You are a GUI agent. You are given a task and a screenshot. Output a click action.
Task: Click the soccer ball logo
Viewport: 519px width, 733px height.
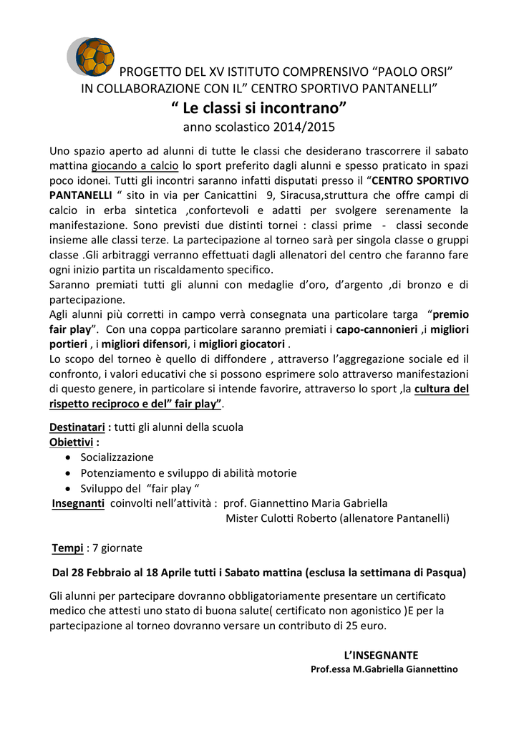click(x=94, y=57)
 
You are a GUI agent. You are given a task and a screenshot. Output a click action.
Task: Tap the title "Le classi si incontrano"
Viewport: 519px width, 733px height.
click(x=258, y=109)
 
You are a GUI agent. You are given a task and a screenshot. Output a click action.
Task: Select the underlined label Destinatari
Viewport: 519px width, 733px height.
click(x=77, y=427)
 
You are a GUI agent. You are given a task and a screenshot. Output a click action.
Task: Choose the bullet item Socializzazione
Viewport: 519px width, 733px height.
click(x=117, y=457)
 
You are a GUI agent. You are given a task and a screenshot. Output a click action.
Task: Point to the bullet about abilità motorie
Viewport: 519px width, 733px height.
click(x=188, y=473)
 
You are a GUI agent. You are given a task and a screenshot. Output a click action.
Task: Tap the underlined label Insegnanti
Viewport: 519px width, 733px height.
click(x=78, y=503)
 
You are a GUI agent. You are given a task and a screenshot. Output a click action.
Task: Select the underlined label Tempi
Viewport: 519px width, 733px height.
click(x=67, y=548)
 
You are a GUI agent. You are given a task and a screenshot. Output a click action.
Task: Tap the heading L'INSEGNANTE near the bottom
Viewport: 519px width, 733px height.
click(x=381, y=655)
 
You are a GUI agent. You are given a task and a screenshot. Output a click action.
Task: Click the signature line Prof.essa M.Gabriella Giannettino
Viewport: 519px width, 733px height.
click(x=384, y=669)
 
